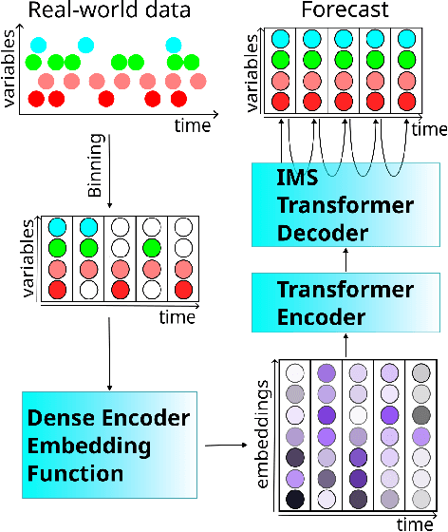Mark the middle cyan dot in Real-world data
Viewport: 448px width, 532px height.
tap(86, 45)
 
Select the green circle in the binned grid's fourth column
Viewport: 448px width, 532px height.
tap(149, 248)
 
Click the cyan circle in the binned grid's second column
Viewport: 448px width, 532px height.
tap(87, 228)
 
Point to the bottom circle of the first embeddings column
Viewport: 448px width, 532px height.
tap(295, 499)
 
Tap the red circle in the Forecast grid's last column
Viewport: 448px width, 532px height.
tap(405, 101)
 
